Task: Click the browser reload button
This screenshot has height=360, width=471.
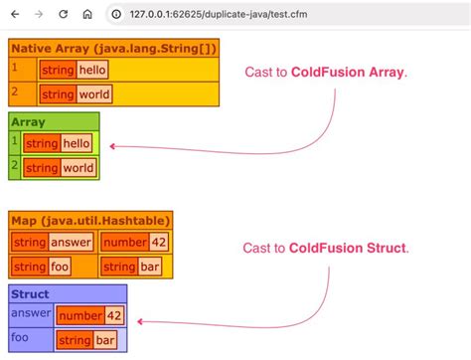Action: click(64, 15)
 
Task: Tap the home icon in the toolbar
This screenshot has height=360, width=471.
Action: click(87, 15)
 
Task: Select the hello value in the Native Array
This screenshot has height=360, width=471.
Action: click(92, 70)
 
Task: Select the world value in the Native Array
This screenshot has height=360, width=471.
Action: click(94, 94)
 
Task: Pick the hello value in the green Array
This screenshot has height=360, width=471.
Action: click(77, 144)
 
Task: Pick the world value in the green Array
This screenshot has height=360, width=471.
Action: click(78, 168)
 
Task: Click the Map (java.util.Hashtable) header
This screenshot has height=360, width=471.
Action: click(91, 219)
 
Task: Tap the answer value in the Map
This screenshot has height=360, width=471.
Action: click(72, 242)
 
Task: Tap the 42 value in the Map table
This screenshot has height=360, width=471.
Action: click(158, 242)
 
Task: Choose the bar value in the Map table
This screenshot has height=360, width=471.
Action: click(151, 267)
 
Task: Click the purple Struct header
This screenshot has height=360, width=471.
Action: click(31, 294)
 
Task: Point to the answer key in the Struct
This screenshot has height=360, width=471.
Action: click(30, 312)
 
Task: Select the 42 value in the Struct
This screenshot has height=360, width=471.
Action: click(114, 316)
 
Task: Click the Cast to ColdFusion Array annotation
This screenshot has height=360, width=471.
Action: click(326, 73)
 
